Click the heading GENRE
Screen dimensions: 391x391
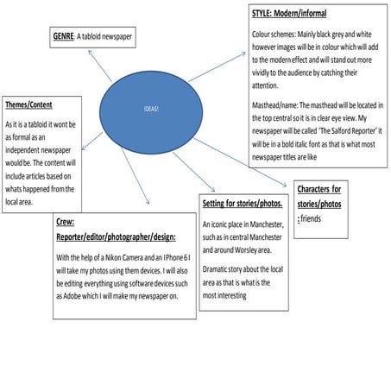pyautogui.click(x=63, y=36)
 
